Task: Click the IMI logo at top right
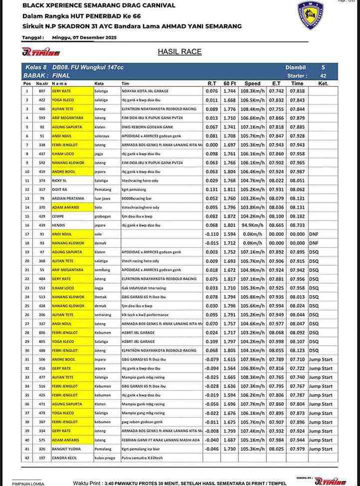coord(310,15)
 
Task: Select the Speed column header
coord(252,84)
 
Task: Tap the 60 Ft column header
coord(230,84)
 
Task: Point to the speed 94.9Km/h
coord(252,225)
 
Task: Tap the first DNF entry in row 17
coord(313,234)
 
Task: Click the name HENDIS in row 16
coord(58,225)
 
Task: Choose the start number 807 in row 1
coord(42,91)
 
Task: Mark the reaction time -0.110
coord(212,234)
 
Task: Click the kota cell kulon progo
coord(105,458)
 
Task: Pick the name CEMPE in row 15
coord(58,216)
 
